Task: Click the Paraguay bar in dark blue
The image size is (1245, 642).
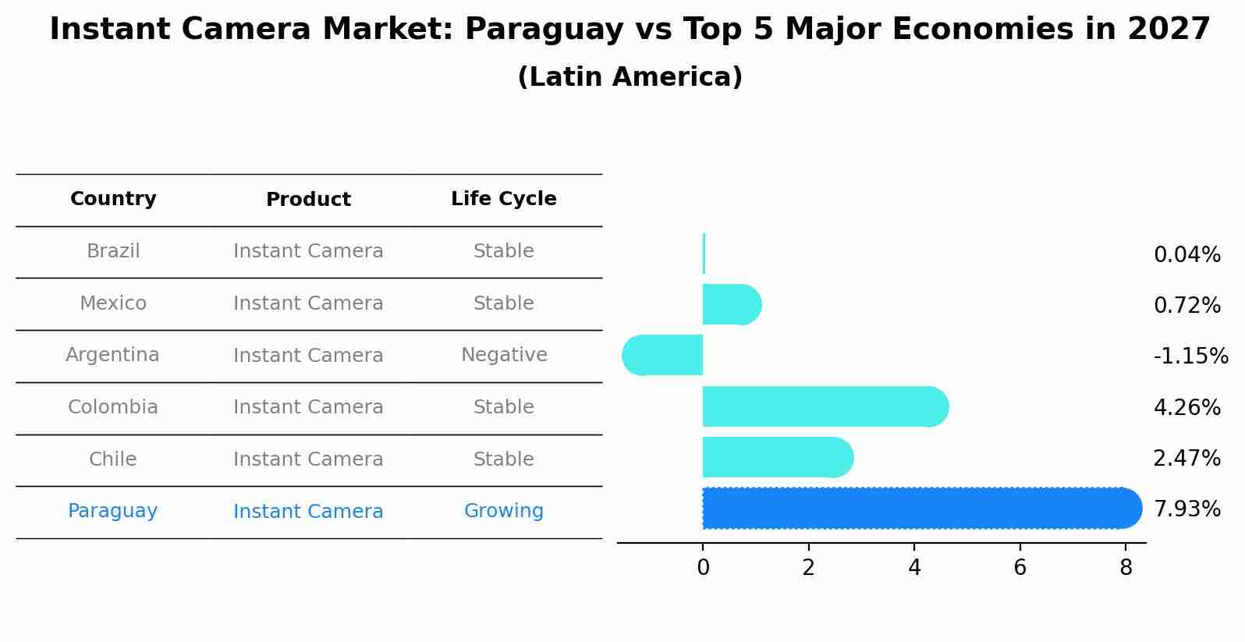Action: (x=920, y=509)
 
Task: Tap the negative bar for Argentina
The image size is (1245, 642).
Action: (x=663, y=355)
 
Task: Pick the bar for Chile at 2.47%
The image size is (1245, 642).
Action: (x=777, y=457)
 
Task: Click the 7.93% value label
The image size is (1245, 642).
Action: (x=1186, y=509)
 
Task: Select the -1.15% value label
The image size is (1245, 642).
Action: (x=1190, y=356)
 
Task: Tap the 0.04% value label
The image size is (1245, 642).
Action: (x=1186, y=255)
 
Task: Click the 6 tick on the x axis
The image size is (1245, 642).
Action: (x=1020, y=568)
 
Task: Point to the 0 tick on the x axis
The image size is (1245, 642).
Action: (x=703, y=568)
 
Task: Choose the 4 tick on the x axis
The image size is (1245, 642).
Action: (x=914, y=568)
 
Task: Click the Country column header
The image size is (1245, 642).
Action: (x=113, y=199)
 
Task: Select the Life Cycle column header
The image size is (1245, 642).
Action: (x=504, y=199)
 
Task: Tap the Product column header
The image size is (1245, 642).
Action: (x=308, y=200)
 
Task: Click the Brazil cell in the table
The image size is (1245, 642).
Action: (x=113, y=251)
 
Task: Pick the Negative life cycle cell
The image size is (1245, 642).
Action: (x=504, y=355)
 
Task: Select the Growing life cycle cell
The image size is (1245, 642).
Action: (x=504, y=511)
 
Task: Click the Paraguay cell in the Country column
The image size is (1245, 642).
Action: (x=113, y=511)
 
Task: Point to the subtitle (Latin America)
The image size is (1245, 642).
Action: (x=630, y=77)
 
